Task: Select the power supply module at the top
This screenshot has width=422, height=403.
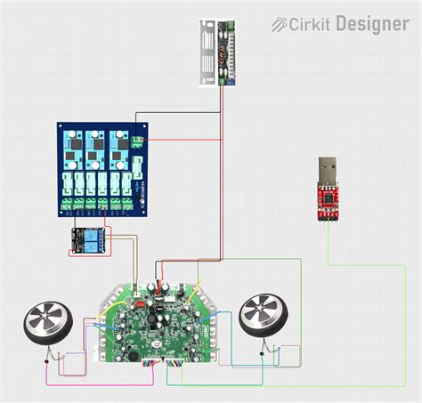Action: pos(219,51)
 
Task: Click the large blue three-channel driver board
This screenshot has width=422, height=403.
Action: pos(101,168)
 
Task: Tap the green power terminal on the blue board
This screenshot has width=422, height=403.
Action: pos(137,141)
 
